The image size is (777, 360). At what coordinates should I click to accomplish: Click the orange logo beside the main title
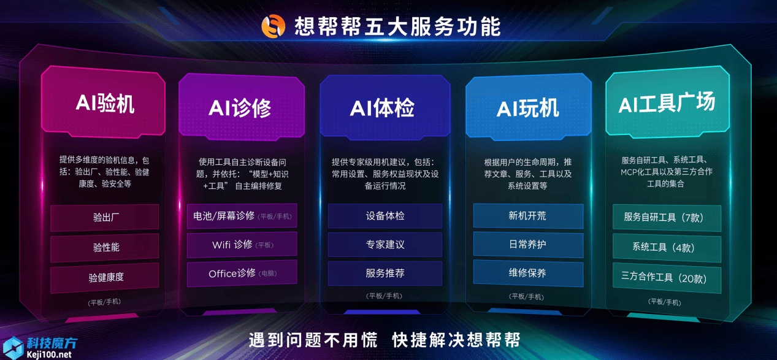[x=274, y=26]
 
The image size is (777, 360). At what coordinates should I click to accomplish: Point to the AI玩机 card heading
[x=528, y=107]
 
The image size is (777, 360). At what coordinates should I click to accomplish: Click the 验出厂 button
[x=105, y=218]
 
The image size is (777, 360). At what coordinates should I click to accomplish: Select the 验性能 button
[x=105, y=247]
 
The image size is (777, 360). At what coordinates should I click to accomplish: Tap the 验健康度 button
[x=105, y=277]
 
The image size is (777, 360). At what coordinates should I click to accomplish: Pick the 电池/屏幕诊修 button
[x=242, y=216]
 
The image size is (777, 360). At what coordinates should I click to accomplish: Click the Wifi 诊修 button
[x=242, y=245]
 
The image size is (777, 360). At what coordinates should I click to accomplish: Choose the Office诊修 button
[x=242, y=274]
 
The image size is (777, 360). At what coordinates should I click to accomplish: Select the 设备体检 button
[x=385, y=216]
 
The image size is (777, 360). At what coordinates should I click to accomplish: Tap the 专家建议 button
[x=385, y=245]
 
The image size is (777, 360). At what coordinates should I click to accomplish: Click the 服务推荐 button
[x=385, y=274]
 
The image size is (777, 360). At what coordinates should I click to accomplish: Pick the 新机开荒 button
[x=528, y=216]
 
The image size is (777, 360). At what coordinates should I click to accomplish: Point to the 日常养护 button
[x=528, y=245]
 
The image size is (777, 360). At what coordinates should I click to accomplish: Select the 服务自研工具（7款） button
[x=667, y=218]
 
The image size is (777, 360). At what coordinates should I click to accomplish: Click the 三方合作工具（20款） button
[x=667, y=278]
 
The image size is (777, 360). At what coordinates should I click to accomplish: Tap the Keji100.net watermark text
[x=49, y=354]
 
